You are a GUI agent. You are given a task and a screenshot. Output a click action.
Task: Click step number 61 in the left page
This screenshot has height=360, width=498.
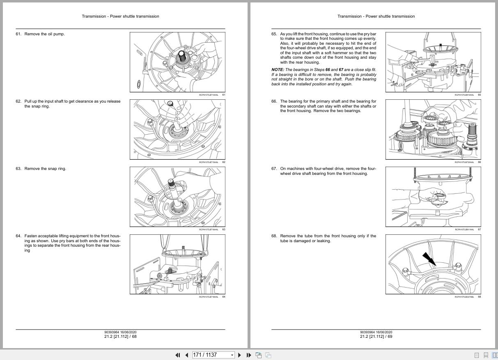click(x=18, y=34)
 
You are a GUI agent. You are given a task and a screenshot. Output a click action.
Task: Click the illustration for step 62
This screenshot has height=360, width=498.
click(x=177, y=129)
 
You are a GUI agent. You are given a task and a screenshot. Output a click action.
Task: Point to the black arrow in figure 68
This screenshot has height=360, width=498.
click(x=429, y=259)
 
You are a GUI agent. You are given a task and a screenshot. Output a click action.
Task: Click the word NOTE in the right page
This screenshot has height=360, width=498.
click(x=278, y=70)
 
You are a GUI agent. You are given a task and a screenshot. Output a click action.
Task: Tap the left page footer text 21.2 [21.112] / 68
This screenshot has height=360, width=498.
click(x=120, y=337)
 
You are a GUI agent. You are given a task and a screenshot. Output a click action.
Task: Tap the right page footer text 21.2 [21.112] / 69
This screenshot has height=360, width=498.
click(x=376, y=337)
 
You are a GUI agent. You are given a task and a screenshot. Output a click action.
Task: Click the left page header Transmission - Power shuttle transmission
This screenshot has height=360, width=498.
click(x=120, y=16)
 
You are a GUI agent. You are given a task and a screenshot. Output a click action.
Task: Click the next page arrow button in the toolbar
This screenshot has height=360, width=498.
click(x=240, y=355)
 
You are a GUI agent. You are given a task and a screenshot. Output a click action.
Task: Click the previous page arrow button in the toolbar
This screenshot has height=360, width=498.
click(x=186, y=355)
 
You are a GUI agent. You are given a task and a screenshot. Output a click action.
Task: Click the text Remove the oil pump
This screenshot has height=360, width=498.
click(x=44, y=34)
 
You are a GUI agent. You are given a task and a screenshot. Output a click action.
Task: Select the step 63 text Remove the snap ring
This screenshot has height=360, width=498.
click(x=45, y=169)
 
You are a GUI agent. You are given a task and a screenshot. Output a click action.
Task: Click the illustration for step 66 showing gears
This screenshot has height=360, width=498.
click(x=433, y=129)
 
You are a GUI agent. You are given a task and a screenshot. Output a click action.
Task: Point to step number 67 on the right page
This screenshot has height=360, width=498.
click(x=274, y=169)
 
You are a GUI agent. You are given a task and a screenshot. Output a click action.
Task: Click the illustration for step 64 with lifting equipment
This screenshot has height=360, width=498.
click(x=177, y=264)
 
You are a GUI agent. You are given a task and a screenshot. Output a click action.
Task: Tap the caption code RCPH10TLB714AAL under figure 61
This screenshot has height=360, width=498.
click(x=209, y=95)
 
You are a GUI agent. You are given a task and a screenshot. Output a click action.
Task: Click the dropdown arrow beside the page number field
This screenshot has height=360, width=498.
click(x=232, y=355)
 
